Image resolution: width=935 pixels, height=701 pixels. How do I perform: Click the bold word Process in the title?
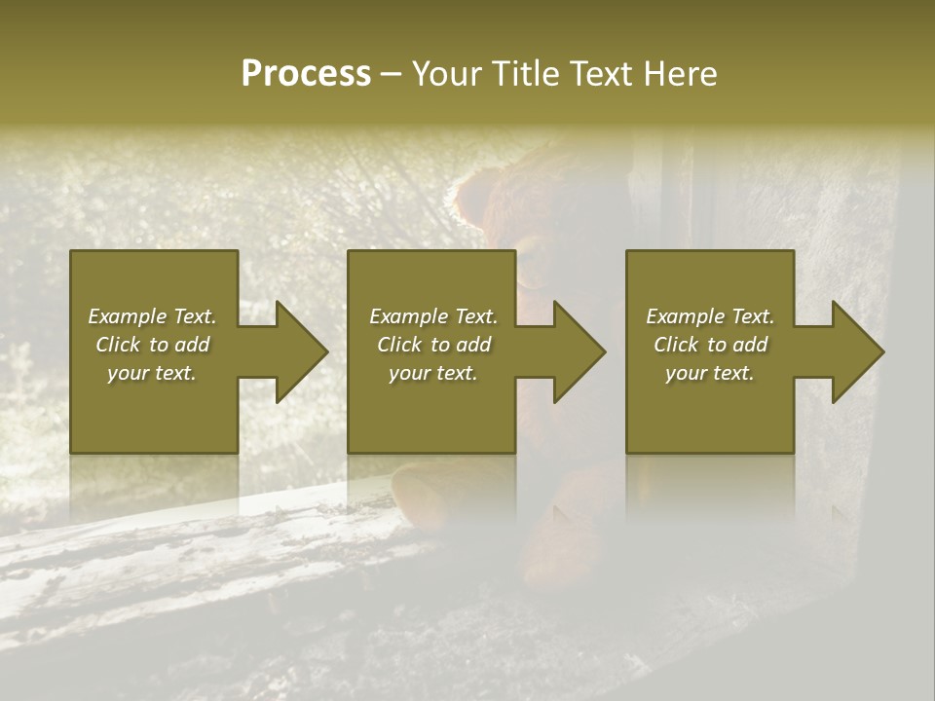(x=306, y=74)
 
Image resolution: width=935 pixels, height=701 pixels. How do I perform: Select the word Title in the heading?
(x=529, y=74)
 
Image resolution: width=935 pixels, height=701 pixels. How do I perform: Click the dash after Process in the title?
(x=391, y=75)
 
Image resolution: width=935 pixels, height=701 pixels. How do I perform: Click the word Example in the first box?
(x=128, y=316)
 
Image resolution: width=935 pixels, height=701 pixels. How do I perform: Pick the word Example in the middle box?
(x=409, y=316)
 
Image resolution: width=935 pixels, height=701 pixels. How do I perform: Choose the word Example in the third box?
(x=686, y=316)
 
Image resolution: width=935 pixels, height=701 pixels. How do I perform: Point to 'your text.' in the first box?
(x=152, y=373)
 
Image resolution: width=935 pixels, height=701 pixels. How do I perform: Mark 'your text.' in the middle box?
(x=433, y=373)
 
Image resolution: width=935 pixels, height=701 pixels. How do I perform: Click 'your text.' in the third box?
(x=710, y=373)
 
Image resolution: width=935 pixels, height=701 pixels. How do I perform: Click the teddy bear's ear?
(x=476, y=195)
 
